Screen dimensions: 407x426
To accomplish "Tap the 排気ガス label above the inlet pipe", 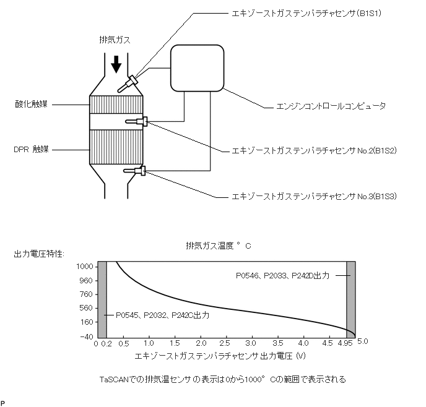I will [x=115, y=40].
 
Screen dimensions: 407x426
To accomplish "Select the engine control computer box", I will [x=197, y=68].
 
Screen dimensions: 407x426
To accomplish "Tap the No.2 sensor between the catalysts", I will [x=136, y=122].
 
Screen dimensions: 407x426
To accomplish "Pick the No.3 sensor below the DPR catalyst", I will [x=135, y=171].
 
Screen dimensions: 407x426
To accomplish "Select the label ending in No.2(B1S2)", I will [x=313, y=150].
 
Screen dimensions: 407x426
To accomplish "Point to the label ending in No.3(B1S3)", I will [x=313, y=197].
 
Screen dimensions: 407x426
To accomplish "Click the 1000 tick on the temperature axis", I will [x=84, y=266].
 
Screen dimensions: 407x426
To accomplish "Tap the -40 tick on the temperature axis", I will [x=85, y=336].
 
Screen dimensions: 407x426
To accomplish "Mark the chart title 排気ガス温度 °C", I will [x=218, y=246].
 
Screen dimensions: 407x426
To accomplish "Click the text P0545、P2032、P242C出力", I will [x=160, y=315].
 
